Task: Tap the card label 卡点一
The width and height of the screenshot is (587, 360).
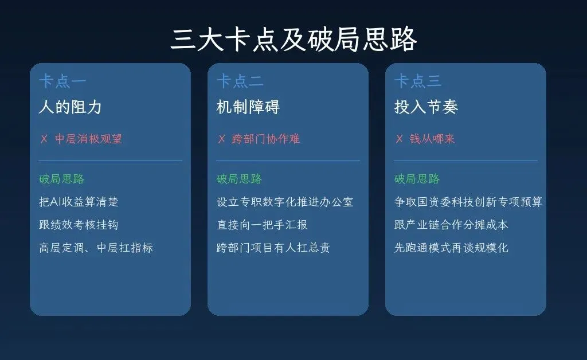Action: (62, 81)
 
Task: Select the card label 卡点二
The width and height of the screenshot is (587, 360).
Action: (240, 81)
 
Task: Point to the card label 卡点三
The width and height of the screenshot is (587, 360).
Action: (418, 81)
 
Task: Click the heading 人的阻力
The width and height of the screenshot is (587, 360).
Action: (70, 107)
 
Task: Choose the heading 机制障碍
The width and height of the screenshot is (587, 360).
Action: (248, 107)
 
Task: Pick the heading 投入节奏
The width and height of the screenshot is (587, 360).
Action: (425, 107)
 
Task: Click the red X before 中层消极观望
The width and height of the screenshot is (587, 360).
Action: (44, 139)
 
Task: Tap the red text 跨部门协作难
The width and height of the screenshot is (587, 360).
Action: (266, 139)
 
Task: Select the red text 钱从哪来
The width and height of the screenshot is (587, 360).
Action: (432, 139)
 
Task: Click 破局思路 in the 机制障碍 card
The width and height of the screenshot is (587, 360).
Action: (239, 179)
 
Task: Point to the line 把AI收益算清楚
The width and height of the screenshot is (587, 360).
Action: (79, 202)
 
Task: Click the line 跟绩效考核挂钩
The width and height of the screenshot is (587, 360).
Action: (79, 225)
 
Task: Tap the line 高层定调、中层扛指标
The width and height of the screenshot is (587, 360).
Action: (96, 248)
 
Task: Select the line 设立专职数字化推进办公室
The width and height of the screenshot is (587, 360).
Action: (285, 202)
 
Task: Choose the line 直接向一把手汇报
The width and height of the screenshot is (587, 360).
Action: (262, 225)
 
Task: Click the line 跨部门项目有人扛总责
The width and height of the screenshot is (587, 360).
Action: (273, 248)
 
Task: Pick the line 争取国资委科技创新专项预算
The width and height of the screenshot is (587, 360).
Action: (468, 202)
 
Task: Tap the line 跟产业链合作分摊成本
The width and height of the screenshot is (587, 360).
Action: (451, 225)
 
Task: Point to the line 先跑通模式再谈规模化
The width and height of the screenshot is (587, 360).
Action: (451, 248)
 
